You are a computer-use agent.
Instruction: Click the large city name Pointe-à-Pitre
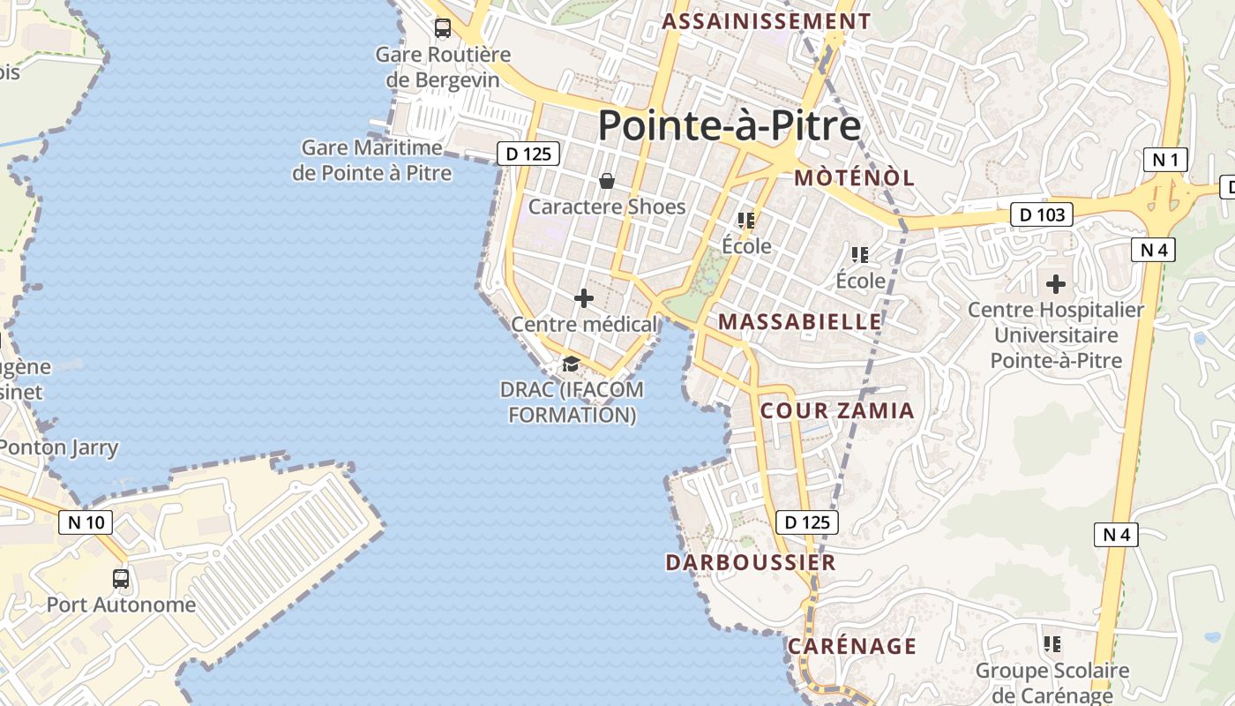pos(730,126)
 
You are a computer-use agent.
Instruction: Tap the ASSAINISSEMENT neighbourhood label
pos(767,22)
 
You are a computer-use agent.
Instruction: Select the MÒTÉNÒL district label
pos(854,177)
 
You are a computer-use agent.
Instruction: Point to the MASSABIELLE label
pos(799,322)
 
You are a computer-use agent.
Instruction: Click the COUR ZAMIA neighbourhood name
pos(837,410)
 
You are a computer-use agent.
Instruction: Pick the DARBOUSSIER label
pos(751,562)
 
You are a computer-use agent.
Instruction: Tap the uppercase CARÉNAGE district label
pos(852,646)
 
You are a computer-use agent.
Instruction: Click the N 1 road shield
pos(1165,160)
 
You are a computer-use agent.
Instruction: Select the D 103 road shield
pos(1042,214)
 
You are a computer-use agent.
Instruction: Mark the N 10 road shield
pos(86,522)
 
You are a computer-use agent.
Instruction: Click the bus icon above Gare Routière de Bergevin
pos(443,28)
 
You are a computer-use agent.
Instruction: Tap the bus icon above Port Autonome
pos(121,579)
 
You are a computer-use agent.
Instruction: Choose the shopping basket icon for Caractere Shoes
pos(607,181)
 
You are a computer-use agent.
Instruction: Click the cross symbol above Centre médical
pos(584,298)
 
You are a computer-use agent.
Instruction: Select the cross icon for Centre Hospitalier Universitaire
pos(1055,284)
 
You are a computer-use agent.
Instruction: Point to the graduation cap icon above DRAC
pos(571,364)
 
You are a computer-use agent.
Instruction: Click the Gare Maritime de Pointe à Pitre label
pos(371,160)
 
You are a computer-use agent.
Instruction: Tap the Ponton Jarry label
pos(58,447)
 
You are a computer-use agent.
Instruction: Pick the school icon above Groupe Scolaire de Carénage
pos(1052,644)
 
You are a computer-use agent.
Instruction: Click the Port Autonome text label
pos(121,605)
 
